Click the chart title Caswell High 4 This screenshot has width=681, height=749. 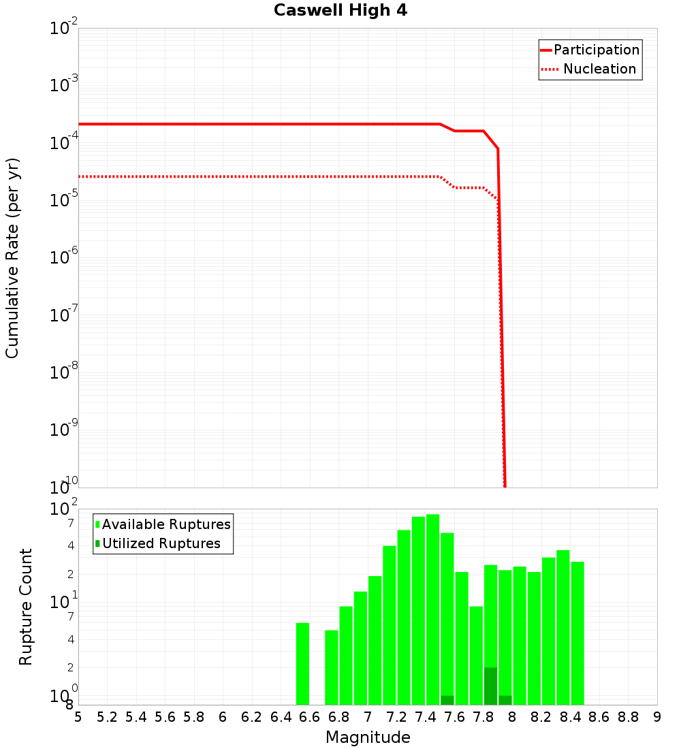pyautogui.click(x=340, y=11)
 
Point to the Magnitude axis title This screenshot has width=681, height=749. pyautogui.click(x=368, y=737)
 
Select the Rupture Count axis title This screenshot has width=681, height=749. pyautogui.click(x=26, y=606)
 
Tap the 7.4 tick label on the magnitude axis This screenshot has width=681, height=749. pyautogui.click(x=426, y=717)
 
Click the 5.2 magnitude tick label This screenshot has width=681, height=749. pyautogui.click(x=107, y=717)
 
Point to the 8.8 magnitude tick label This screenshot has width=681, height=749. pyautogui.click(x=628, y=717)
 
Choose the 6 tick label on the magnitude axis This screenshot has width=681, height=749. pyautogui.click(x=223, y=717)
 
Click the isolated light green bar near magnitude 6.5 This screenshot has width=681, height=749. pyautogui.click(x=302, y=664)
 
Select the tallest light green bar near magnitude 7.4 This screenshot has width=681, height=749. pyautogui.click(x=432, y=609)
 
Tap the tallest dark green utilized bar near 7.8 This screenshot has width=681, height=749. pyautogui.click(x=490, y=686)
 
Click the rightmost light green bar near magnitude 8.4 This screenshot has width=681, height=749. pyautogui.click(x=577, y=633)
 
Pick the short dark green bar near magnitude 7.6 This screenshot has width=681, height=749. pyautogui.click(x=447, y=700)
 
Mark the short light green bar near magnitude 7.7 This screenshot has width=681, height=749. pyautogui.click(x=476, y=655)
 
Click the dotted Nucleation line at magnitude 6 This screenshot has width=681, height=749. pyautogui.click(x=223, y=176)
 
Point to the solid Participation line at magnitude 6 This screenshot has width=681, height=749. pyautogui.click(x=223, y=124)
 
